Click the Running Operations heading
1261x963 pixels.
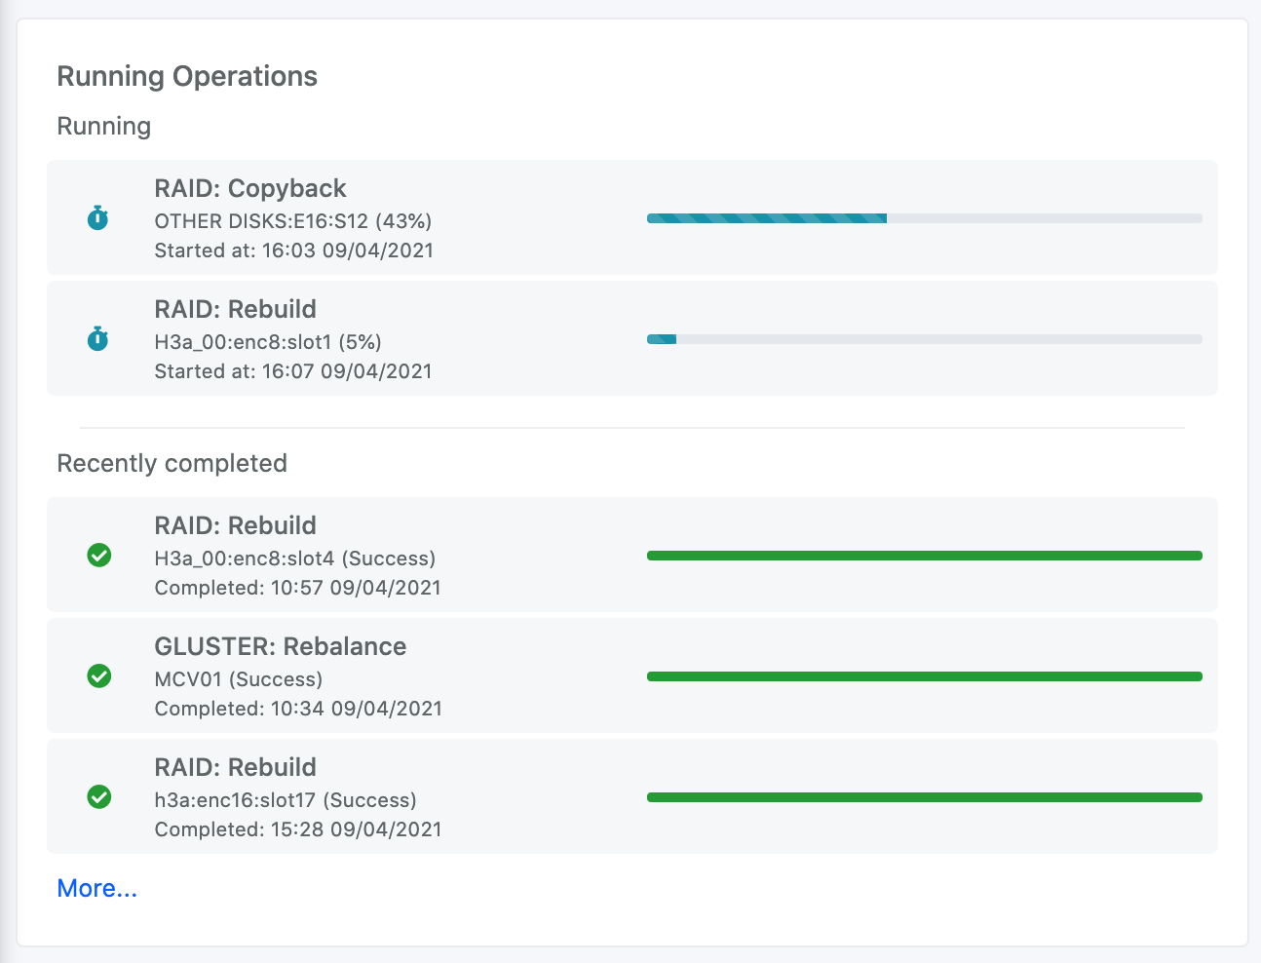tap(187, 76)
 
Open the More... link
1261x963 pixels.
tap(96, 888)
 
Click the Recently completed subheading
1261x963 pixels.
tap(172, 463)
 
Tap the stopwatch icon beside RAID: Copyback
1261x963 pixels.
tap(97, 217)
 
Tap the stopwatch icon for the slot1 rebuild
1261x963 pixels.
tap(97, 338)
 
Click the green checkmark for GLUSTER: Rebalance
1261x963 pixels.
tap(99, 675)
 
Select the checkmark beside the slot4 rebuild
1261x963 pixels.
tap(99, 555)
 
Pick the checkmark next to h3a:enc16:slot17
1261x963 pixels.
tap(99, 796)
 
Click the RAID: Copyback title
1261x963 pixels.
tap(250, 188)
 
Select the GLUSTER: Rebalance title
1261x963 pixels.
tap(281, 646)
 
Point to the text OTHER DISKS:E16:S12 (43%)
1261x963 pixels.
tap(293, 220)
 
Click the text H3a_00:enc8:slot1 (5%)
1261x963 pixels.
tap(268, 341)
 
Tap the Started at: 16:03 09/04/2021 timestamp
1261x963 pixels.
tap(294, 250)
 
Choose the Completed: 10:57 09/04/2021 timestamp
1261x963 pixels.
tap(298, 588)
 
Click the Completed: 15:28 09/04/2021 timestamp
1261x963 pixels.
tap(298, 829)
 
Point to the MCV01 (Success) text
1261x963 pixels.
tap(239, 678)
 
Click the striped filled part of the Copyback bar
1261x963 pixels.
tap(766, 218)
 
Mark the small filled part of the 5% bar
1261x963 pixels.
tap(662, 339)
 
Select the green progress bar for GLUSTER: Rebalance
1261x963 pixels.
tap(924, 676)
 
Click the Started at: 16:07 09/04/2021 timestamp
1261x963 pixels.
tap(293, 371)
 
